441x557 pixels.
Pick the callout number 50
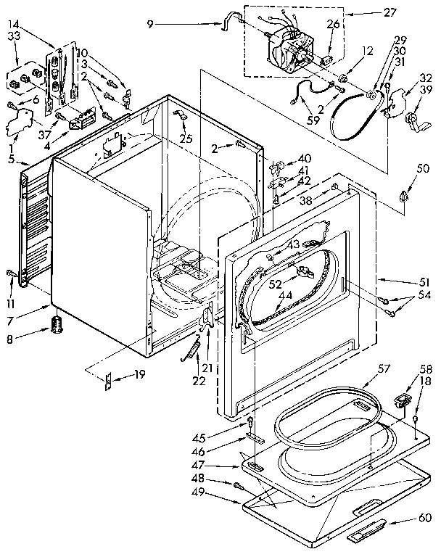tap(403, 169)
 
